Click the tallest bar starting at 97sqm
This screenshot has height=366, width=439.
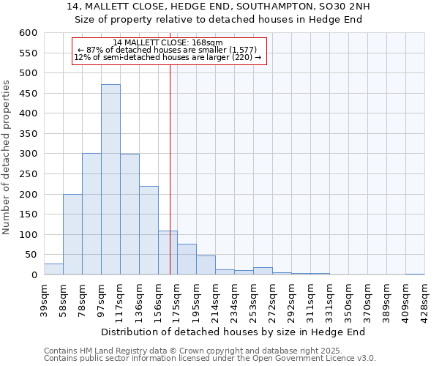pyautogui.click(x=110, y=179)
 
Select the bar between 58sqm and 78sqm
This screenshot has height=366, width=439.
pyautogui.click(x=72, y=234)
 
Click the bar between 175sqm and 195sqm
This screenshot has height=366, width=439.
pyautogui.click(x=187, y=259)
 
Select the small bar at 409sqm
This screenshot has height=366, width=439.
pyautogui.click(x=415, y=274)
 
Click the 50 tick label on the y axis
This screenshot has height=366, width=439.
pyautogui.click(x=30, y=255)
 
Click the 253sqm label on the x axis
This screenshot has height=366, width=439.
pyautogui.click(x=254, y=297)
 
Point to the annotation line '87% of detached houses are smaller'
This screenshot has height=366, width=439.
pyautogui.click(x=168, y=50)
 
